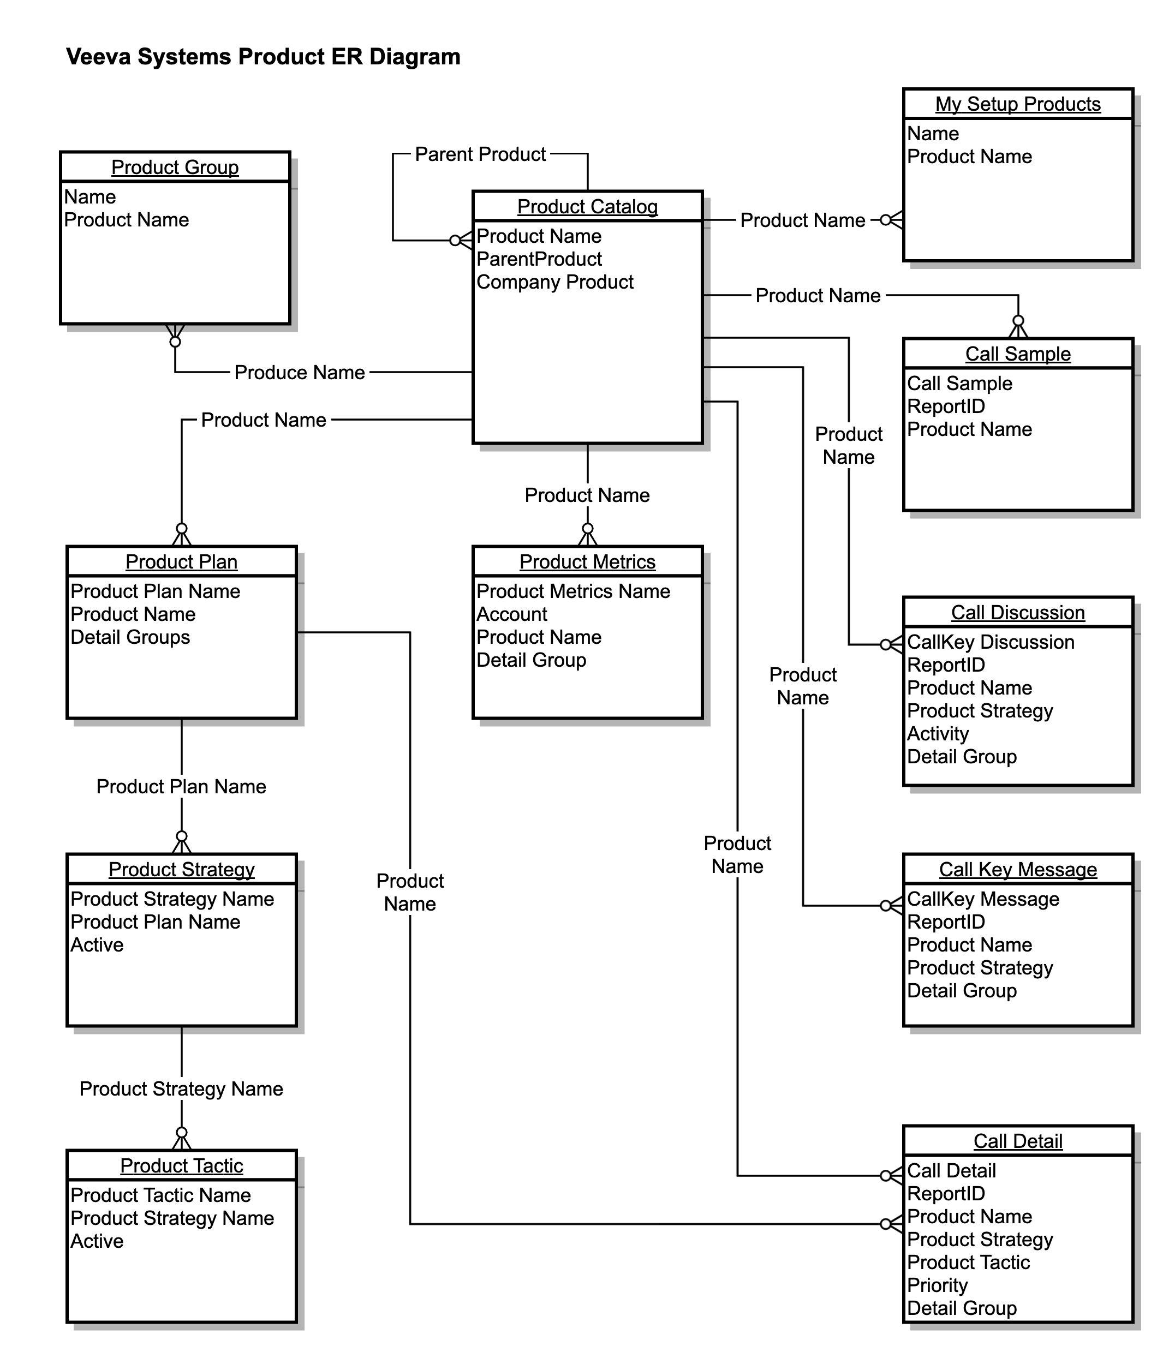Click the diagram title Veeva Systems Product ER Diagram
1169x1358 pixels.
coord(263,57)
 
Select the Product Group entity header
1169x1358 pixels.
coord(175,167)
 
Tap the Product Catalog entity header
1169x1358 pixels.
coord(587,206)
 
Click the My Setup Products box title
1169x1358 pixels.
coord(1017,104)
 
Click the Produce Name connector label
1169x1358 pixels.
coord(300,372)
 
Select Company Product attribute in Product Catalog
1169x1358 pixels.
coord(554,282)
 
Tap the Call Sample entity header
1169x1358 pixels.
coord(1017,354)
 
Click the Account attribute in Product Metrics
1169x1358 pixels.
coord(511,614)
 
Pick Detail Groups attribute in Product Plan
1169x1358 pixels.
coord(130,637)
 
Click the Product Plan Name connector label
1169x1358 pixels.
coord(181,787)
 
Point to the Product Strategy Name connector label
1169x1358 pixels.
coord(181,1088)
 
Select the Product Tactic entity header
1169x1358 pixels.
coord(182,1166)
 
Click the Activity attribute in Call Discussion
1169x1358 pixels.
coord(938,734)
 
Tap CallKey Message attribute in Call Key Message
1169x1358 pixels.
coord(983,899)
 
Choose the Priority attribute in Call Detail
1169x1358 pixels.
coord(937,1285)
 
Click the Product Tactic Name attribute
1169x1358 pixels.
coord(160,1195)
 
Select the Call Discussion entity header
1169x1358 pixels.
coord(1017,613)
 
